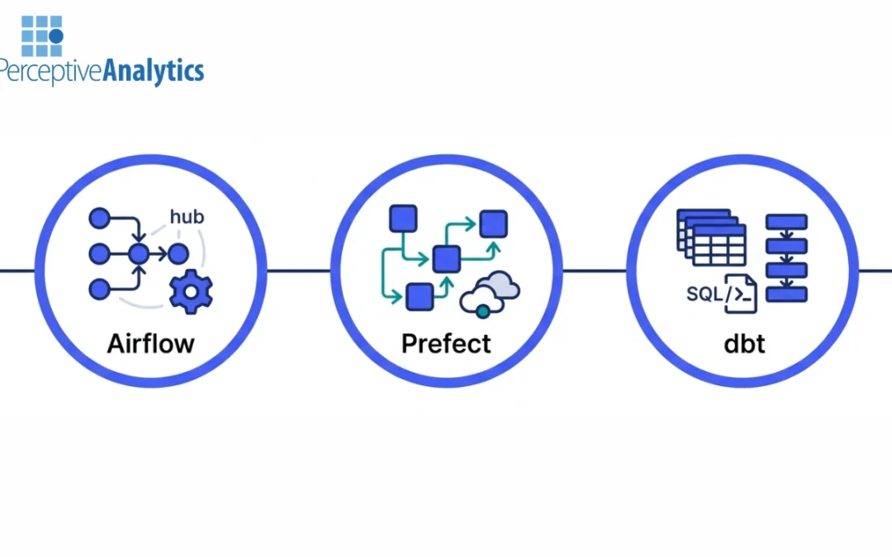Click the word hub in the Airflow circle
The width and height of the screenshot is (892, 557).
(x=187, y=218)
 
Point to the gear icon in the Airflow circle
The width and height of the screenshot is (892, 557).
(x=191, y=291)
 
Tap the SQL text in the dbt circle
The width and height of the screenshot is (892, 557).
(x=704, y=294)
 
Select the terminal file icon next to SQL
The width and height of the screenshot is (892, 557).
(x=741, y=294)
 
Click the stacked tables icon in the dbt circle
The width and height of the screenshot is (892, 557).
(x=711, y=237)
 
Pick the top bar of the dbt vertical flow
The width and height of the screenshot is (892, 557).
(x=786, y=222)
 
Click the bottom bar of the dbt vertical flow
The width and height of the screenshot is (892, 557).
(x=786, y=294)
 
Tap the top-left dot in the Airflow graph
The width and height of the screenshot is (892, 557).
(x=99, y=219)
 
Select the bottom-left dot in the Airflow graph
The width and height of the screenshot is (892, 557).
(x=99, y=289)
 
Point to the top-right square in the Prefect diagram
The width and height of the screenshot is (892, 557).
(x=494, y=224)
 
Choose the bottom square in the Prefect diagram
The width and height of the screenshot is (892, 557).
(x=420, y=295)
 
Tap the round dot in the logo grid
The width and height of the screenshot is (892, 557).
(x=55, y=37)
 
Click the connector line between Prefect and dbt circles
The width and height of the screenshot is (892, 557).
(x=594, y=270)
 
